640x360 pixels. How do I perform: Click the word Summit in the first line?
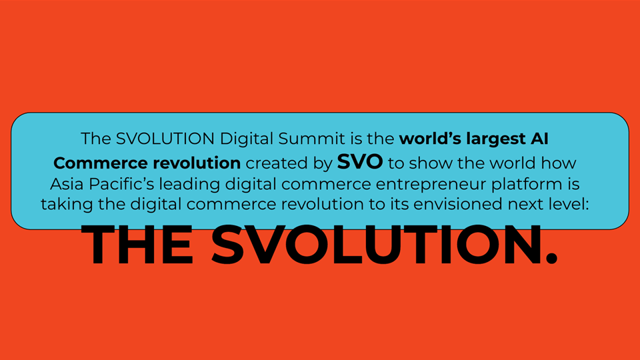point(311,139)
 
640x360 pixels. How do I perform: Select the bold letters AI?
point(539,139)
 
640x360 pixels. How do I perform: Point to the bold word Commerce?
point(101,163)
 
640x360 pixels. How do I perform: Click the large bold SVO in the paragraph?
point(359,161)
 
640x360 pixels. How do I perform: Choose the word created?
point(276,163)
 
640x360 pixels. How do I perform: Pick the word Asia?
point(67,184)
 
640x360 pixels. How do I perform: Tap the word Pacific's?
point(121,184)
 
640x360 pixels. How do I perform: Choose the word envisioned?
point(457,204)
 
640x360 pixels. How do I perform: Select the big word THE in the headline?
point(137,245)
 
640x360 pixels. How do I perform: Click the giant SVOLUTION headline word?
point(375,245)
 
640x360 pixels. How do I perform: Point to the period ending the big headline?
point(551,258)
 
